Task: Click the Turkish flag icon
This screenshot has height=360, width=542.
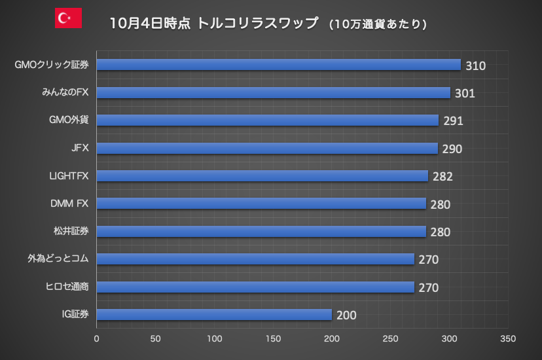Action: [68, 18]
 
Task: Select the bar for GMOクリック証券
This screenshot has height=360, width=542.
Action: [279, 65]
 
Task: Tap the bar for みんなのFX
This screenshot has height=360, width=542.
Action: [274, 93]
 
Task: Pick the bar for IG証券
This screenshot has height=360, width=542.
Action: [214, 315]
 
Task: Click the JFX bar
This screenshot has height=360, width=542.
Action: [267, 149]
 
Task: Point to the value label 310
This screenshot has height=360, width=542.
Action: [475, 65]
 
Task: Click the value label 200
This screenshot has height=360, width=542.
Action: [346, 315]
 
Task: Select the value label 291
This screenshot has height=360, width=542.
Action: [453, 121]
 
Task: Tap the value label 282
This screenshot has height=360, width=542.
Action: [443, 177]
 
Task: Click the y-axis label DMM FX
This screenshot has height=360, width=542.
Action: [69, 204]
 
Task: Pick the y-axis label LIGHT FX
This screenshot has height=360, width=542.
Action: [68, 176]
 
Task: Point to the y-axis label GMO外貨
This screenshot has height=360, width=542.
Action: [69, 120]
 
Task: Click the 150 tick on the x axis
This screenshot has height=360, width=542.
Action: [273, 339]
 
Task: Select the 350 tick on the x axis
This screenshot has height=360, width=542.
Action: [508, 339]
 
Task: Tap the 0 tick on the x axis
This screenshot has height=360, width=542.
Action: [97, 339]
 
